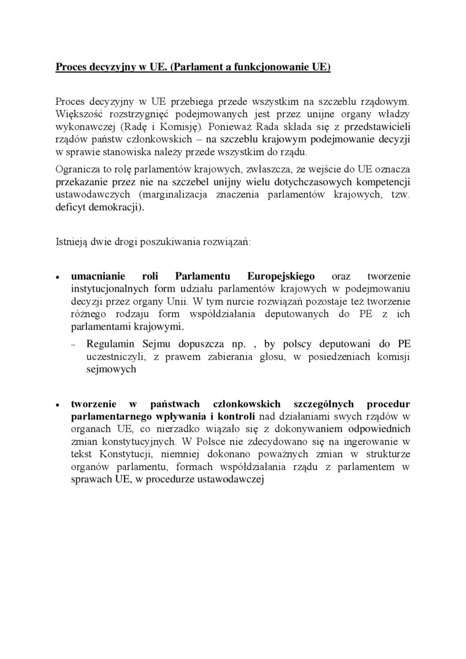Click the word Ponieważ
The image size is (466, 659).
230,128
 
